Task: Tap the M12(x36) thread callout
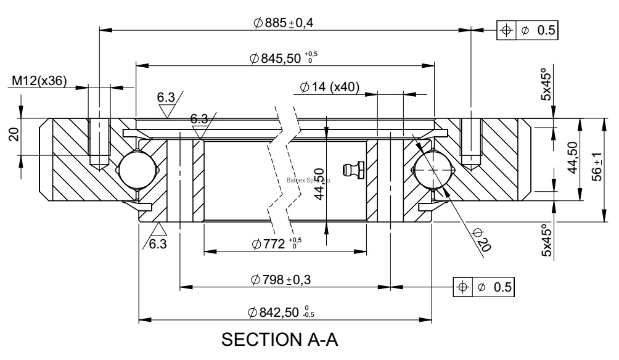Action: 40,80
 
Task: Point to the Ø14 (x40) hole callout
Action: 330,87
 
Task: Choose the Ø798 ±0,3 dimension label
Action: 281,280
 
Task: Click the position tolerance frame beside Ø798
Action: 484,286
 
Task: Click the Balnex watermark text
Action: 309,181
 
